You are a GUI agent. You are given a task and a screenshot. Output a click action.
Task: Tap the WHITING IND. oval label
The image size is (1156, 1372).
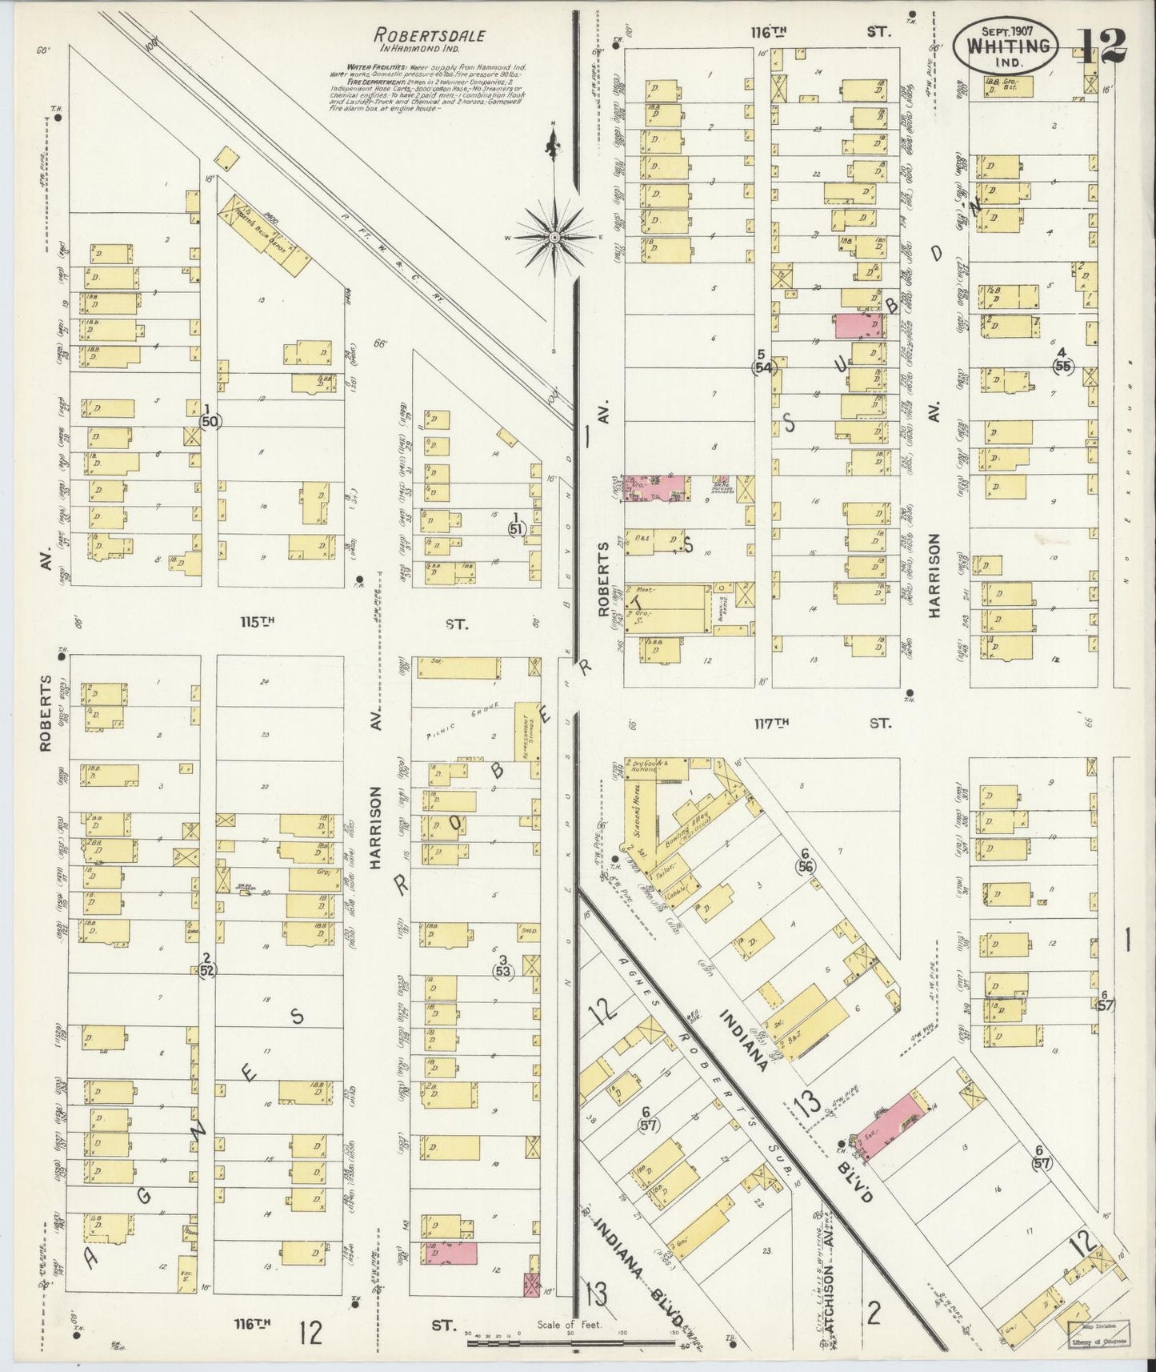[1010, 46]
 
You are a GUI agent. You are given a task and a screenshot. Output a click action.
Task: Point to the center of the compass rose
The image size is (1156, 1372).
[553, 237]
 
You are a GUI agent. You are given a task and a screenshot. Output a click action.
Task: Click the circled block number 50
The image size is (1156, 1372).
[210, 420]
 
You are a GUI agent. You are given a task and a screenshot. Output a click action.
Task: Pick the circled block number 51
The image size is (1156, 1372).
[518, 528]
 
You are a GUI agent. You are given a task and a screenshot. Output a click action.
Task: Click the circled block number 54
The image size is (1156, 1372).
[762, 367]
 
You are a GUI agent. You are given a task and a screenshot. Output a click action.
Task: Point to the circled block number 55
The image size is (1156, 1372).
[1062, 365]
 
